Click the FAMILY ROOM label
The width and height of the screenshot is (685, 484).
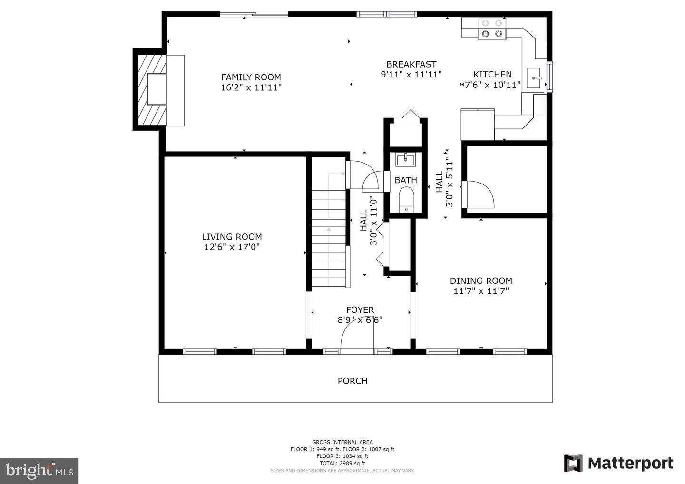point(251,77)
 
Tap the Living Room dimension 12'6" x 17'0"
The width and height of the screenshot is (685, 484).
point(232,247)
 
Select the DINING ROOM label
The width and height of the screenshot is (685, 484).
point(481,281)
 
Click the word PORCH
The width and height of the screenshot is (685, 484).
point(352,381)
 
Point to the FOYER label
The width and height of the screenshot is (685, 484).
point(360,310)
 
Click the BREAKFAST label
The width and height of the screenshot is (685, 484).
point(411,64)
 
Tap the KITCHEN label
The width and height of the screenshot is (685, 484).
point(492,74)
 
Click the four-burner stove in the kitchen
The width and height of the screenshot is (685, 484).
point(492,28)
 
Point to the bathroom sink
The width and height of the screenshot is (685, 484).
point(405,160)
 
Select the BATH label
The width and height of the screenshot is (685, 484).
point(406,180)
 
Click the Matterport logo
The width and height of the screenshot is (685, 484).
point(618,463)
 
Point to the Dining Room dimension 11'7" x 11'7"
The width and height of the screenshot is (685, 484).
point(481,291)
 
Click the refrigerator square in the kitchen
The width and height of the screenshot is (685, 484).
point(478,125)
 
